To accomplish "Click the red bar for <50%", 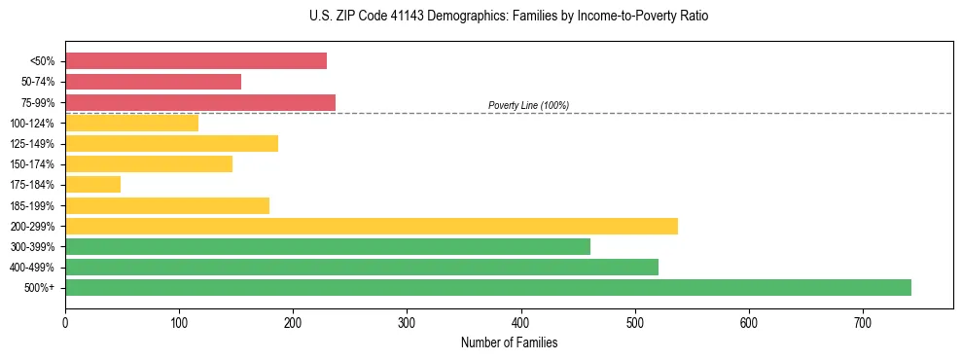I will [196, 61].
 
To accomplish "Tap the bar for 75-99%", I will [200, 102].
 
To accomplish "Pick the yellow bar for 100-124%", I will [131, 123].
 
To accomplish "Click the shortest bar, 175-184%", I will [92, 184].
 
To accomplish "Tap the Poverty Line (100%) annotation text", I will [528, 105].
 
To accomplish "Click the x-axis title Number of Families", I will [509, 342].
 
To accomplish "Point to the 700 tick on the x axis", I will [863, 322].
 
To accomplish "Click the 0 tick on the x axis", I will [65, 322].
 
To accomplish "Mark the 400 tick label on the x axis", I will [521, 322].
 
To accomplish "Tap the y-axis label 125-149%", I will [33, 144].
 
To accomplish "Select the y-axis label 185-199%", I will [33, 205].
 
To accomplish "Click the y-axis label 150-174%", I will [33, 164].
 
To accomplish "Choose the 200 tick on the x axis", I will [293, 322].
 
